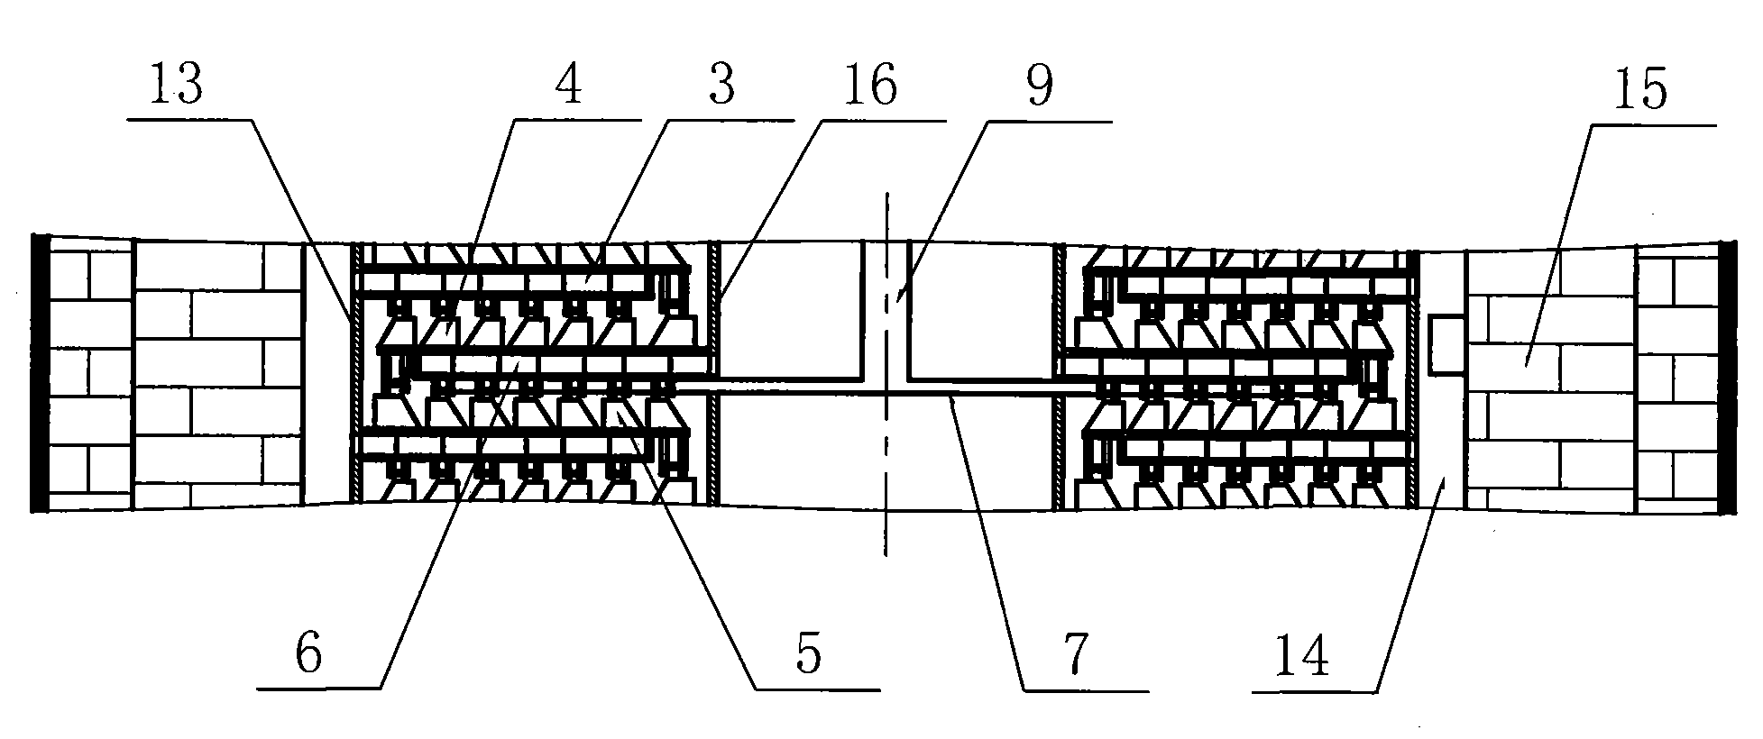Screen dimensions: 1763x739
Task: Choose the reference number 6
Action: (309, 653)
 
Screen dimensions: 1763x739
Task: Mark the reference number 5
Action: (809, 653)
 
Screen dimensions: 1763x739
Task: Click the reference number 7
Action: (1079, 653)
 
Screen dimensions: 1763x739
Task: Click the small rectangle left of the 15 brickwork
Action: (1448, 343)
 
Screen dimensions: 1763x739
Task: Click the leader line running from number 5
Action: (694, 550)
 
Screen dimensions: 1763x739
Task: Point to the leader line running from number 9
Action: (974, 207)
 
